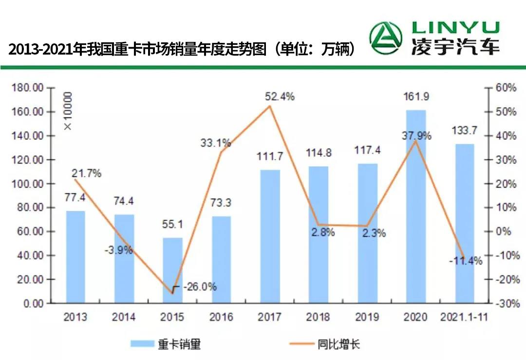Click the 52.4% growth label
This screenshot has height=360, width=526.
coord(280,96)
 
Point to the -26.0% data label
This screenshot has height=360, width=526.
coord(200,287)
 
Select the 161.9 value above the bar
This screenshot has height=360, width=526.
coord(416,97)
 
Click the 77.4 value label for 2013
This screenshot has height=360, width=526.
coord(75,198)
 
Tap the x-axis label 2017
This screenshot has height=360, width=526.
coord(269,317)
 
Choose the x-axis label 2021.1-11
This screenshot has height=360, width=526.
coord(464,317)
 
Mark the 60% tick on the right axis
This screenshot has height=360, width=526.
coord(506,88)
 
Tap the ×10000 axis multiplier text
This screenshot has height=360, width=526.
coord(68,111)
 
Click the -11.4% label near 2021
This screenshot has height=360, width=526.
coord(466,261)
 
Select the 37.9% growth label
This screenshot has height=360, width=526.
coord(416,136)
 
